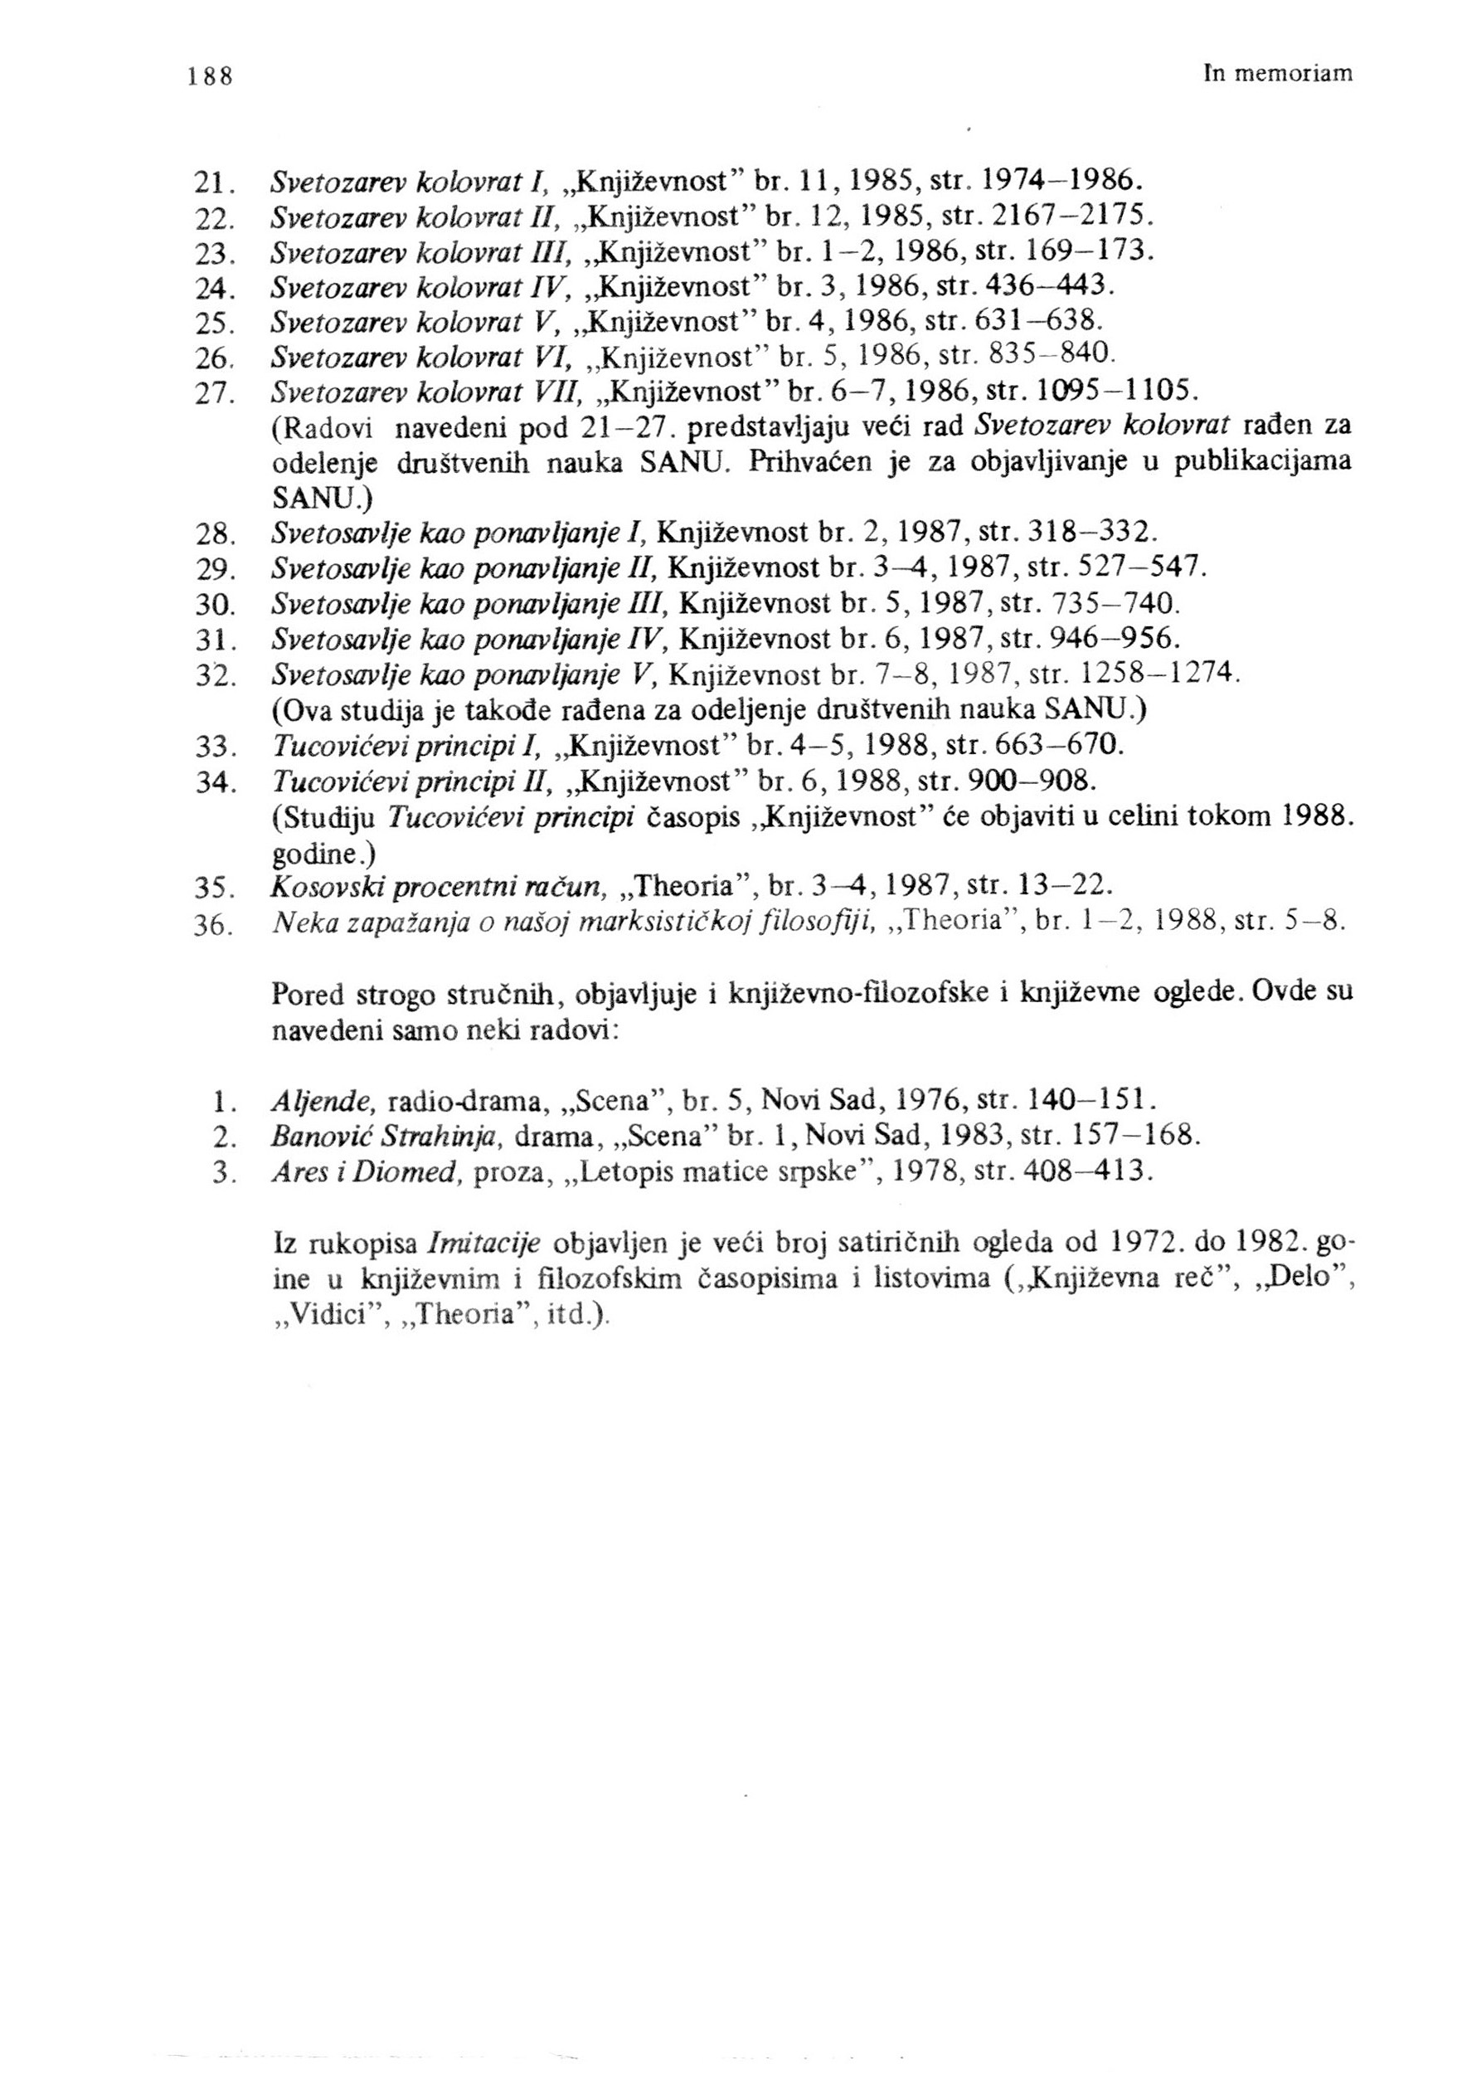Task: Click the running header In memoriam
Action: point(1279,74)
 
